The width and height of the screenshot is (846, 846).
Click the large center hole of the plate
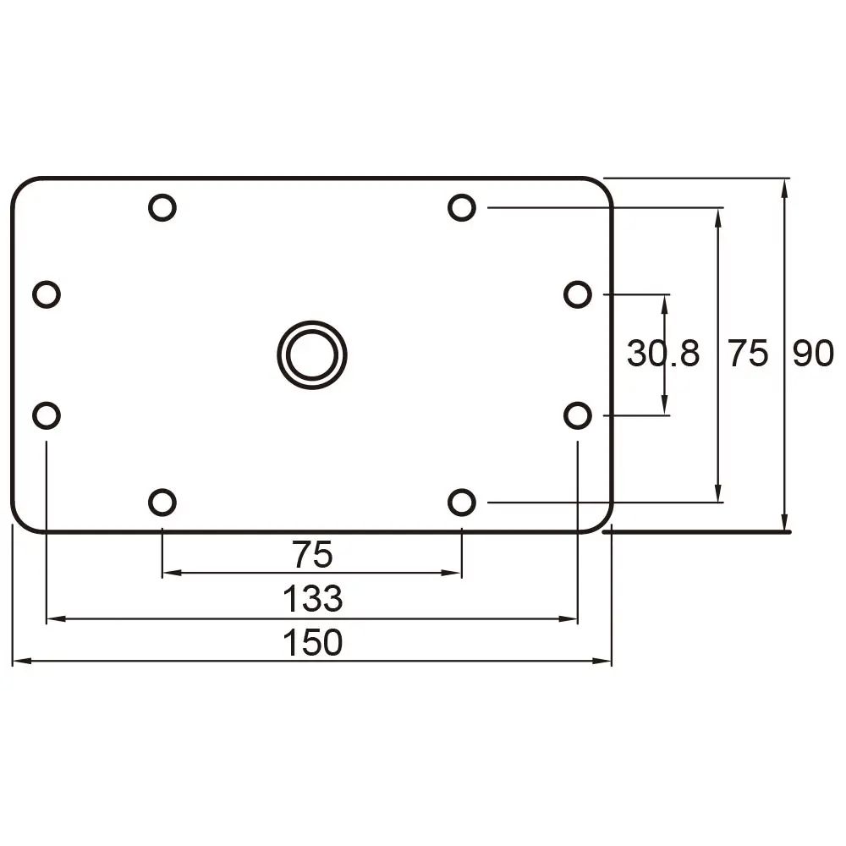pos(312,354)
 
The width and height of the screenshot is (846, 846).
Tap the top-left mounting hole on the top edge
pos(162,207)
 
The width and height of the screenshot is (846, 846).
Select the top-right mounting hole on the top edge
pos(461,207)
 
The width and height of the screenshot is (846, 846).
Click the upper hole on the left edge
pos(47,294)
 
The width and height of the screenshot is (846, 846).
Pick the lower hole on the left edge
pos(47,415)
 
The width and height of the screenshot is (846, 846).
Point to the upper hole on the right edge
pos(577,294)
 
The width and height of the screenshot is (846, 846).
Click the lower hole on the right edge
pos(577,415)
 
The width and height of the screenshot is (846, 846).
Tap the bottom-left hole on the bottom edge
pos(162,503)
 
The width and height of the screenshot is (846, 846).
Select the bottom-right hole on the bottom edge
pos(461,503)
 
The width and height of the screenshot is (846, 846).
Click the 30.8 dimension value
pos(663,354)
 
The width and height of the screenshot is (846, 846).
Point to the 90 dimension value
pos(813,354)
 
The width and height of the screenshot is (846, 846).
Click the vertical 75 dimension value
pos(749,354)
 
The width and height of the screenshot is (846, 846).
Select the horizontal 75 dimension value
pos(312,556)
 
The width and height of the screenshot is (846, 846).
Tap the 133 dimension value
pos(312,600)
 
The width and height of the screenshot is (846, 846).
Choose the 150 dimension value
pos(312,644)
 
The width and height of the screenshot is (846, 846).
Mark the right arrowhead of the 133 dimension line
pos(569,619)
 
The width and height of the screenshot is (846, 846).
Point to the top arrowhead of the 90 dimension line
pos(786,187)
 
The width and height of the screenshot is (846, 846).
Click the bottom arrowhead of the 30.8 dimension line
pos(665,408)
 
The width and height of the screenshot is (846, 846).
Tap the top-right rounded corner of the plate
pos(602,187)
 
